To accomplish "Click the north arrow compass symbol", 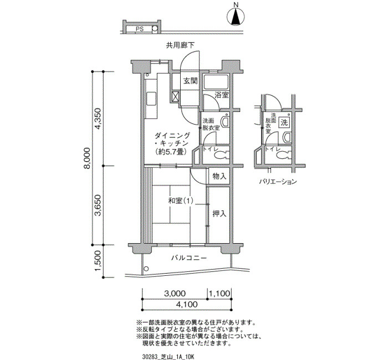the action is coord(236,17).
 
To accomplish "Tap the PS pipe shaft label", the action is coord(140,29).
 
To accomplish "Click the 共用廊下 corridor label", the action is coord(180,45).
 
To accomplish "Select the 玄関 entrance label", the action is coord(190,81).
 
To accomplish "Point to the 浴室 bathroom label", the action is coord(222,95).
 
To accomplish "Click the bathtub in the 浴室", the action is coord(216,81).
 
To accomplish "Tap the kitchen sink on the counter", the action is coord(151,99).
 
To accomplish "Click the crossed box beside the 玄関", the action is coord(175,96).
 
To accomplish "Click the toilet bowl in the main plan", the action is coord(221,156).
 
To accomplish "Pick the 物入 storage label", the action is coord(219,176).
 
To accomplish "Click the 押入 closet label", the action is coord(219,214).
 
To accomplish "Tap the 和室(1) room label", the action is coord(181,200).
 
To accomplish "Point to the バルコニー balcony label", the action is coord(189,258).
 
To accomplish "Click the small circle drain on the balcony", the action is coord(146,269).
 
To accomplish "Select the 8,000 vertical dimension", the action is coord(87,158).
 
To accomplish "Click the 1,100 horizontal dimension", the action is coord(219,294).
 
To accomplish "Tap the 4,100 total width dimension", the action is coord(187,305).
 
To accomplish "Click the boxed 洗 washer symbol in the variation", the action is coord(284,122).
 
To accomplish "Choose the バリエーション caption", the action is coord(278,182).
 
